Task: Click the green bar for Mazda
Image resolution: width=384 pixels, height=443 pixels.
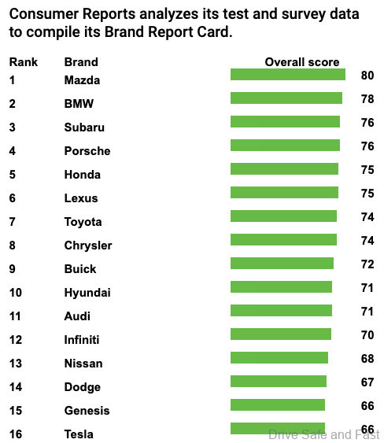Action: coord(287,75)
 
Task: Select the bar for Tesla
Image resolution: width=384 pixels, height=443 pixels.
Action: coord(277,429)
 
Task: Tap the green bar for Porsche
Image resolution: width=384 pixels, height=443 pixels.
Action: coord(285,146)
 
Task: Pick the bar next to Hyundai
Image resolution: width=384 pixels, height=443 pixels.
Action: coord(281,287)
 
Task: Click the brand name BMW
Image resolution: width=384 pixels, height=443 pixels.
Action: coord(79,103)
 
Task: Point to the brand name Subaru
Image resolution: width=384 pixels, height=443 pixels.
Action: coord(84,127)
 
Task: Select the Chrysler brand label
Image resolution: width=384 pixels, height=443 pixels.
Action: coord(88,245)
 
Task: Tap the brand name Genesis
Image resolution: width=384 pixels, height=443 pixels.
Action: coord(87,410)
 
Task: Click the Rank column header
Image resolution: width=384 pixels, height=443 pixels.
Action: coord(24,62)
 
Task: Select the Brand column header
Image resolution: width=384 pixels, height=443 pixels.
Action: coord(81,62)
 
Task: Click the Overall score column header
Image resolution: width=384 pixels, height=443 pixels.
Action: coord(302,62)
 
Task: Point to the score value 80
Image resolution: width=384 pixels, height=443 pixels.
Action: coord(367,76)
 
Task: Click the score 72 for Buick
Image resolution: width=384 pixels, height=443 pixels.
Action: coord(367,264)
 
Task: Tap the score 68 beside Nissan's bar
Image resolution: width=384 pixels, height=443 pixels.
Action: coord(367,359)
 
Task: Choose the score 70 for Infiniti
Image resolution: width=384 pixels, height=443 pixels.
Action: coord(367,335)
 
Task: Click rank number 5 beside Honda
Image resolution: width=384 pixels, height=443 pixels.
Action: coord(13,174)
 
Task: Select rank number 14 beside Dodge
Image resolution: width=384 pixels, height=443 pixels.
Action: coord(17,386)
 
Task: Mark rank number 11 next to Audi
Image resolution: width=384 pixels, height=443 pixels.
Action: coord(17,316)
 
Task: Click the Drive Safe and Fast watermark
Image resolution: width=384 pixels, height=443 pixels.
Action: coord(323,434)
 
